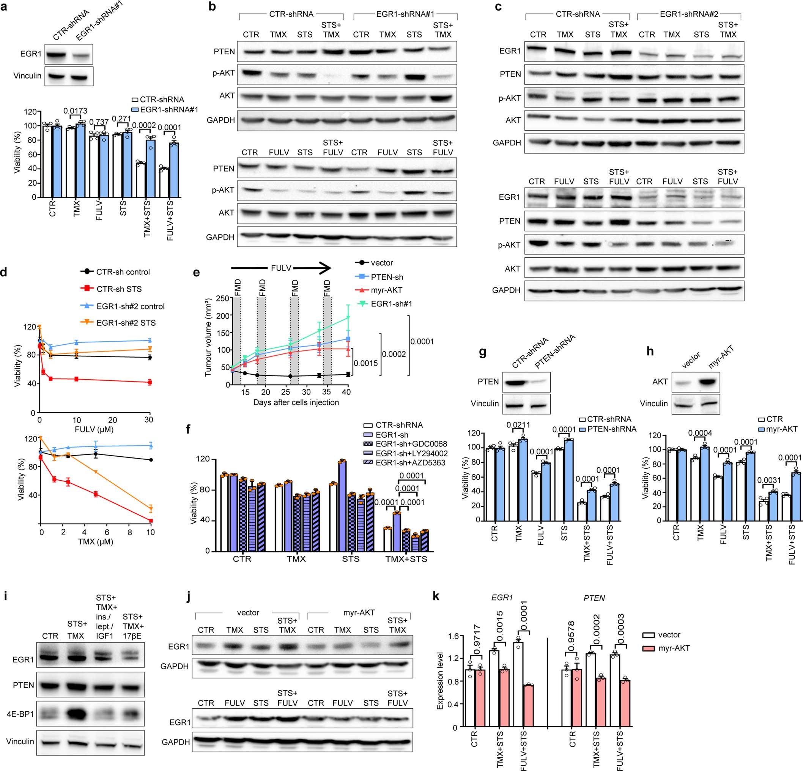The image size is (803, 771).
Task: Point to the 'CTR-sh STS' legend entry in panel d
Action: point(119,289)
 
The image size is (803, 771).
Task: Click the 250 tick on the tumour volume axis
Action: point(222,298)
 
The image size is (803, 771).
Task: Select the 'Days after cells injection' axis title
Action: point(296,402)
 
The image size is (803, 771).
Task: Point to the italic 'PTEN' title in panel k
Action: point(594,598)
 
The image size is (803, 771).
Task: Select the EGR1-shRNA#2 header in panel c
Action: point(689,14)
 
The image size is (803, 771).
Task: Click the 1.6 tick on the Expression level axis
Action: point(453,637)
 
